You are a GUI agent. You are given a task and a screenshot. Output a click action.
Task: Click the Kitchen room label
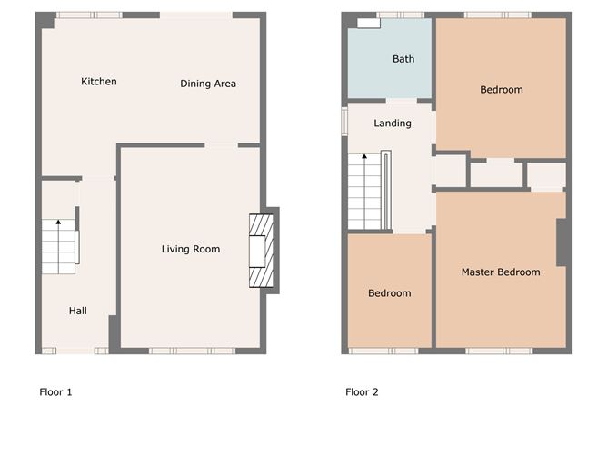[98, 82]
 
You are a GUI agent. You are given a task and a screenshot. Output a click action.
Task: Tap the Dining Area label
[208, 84]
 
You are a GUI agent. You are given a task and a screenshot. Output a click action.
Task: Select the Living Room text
[191, 249]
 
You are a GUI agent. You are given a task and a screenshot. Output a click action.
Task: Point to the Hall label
[78, 311]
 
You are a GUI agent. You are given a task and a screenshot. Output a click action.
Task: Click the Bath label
[403, 59]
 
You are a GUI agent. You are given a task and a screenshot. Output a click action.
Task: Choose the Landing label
[393, 124]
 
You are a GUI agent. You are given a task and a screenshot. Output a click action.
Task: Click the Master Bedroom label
[501, 272]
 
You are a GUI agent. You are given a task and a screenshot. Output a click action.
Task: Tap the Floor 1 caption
[55, 392]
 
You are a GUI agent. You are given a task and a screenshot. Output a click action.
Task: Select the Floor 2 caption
[362, 392]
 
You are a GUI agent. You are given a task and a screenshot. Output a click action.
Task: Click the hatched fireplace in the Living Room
[261, 250]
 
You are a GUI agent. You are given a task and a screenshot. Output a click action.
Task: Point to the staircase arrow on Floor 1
[58, 223]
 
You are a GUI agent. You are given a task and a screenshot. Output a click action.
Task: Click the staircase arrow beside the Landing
[364, 158]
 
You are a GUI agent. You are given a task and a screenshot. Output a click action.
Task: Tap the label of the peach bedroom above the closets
[502, 90]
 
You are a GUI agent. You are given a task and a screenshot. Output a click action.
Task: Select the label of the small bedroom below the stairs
[389, 293]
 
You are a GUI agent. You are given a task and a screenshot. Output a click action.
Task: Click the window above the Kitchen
[88, 15]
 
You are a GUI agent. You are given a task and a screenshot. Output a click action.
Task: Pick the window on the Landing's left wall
[344, 121]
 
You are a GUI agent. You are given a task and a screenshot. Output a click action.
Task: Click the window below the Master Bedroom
[499, 351]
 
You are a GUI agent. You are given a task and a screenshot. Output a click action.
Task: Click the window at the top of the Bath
[401, 15]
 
